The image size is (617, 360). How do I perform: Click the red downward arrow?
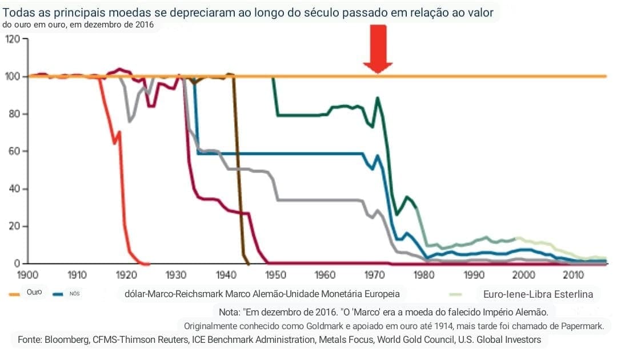[377, 49]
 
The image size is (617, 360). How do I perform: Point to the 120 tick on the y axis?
[12, 39]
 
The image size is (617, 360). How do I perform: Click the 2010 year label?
[573, 275]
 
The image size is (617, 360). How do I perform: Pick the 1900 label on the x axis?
[29, 275]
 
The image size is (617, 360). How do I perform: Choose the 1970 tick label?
[375, 275]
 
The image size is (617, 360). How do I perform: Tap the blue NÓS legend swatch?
[57, 294]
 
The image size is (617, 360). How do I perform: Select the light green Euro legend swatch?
[455, 295]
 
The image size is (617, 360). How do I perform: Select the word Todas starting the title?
[17, 12]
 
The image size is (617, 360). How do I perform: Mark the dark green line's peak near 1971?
[378, 98]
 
